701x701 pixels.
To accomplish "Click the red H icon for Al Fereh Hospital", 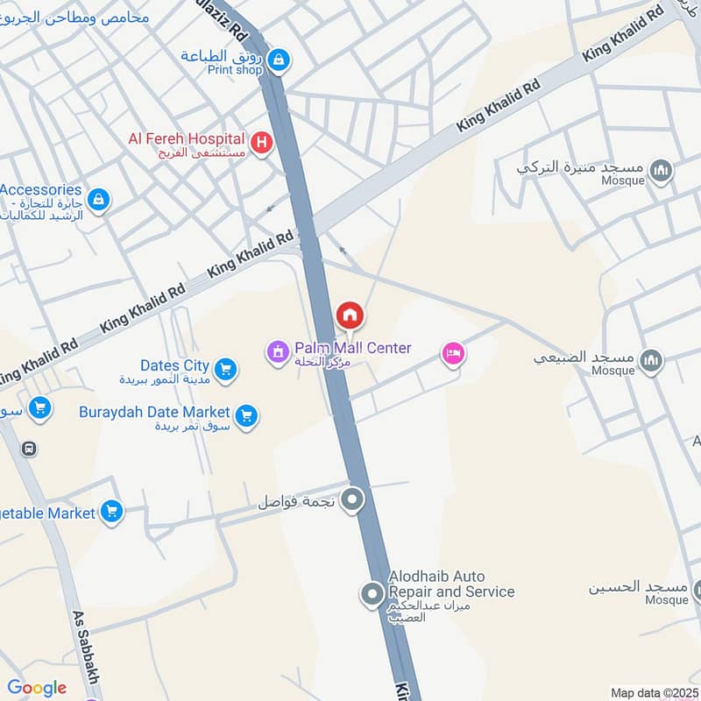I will click(261, 143).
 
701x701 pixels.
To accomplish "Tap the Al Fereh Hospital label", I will click(186, 138).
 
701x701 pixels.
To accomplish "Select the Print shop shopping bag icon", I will click(279, 60).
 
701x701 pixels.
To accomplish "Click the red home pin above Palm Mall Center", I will click(349, 315).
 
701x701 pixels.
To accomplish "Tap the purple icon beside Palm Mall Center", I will click(278, 353).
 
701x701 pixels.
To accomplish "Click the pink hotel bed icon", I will click(453, 353).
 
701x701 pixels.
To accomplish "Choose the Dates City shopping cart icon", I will click(225, 370).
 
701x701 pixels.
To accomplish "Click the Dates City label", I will click(174, 365).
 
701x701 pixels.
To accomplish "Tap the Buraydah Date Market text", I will click(154, 412).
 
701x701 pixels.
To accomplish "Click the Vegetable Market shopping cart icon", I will click(111, 511).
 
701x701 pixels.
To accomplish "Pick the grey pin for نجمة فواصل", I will click(352, 500).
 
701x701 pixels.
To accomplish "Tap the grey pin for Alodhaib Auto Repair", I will click(372, 595).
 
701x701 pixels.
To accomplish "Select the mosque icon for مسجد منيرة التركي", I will click(662, 171).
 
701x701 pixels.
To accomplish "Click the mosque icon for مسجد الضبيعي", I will click(650, 360).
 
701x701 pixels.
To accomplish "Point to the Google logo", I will click(37, 688).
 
